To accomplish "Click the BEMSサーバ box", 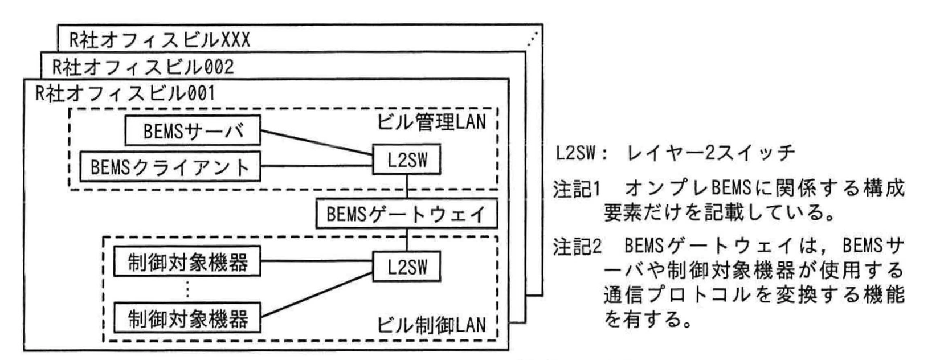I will point(193,130).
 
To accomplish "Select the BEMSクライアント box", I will point(170,166).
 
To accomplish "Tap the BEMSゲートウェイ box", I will point(406,214).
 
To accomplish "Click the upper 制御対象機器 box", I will point(187,263).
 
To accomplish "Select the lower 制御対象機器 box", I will point(187,317).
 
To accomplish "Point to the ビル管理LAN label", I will point(431,121).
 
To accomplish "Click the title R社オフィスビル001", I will point(125,93).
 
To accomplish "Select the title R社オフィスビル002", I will point(142,67).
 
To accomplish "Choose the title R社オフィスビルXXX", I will point(160,40).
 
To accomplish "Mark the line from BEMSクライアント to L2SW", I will point(316,166).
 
